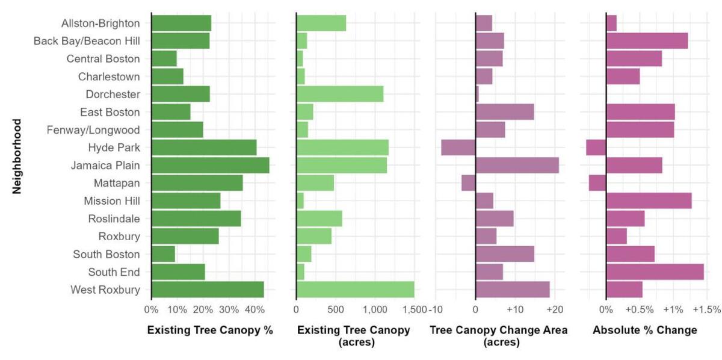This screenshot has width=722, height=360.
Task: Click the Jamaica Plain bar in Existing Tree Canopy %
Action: tap(210, 165)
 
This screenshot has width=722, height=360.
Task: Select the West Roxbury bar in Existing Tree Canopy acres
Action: tap(355, 290)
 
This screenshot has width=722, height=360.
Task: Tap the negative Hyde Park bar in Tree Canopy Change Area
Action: tap(458, 147)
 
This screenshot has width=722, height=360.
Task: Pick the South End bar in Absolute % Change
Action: tap(655, 272)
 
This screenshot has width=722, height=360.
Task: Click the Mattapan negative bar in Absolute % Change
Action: tap(597, 183)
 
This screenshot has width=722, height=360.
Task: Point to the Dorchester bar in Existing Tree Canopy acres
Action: tap(339, 95)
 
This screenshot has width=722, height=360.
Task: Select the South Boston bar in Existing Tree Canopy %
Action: tap(163, 254)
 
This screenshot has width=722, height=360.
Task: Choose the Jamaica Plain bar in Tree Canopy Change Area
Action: tap(517, 165)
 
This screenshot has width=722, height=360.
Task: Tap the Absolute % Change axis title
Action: tap(644, 330)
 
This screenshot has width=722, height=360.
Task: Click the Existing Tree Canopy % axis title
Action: tap(210, 330)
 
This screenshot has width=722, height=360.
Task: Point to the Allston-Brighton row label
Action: tap(100, 23)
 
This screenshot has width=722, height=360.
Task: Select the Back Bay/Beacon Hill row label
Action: tap(87, 41)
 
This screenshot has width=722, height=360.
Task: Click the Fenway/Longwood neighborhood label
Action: tap(93, 130)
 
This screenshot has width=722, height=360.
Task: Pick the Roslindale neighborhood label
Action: tap(114, 219)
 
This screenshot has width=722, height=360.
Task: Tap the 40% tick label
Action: tap(255, 309)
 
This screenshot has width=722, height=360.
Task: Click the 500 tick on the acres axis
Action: tap(335, 309)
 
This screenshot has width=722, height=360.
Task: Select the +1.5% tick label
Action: tap(706, 309)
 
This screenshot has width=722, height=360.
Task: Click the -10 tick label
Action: tap(436, 309)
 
